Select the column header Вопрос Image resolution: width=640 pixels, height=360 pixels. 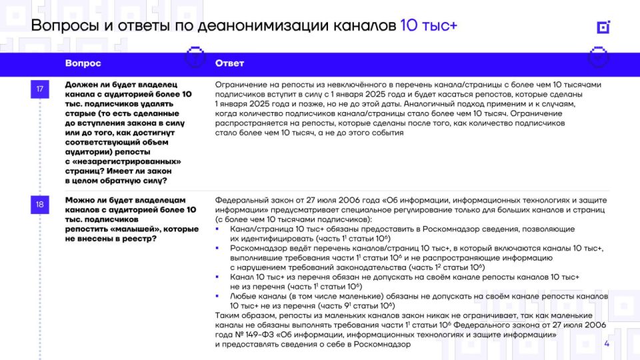[x=83, y=63]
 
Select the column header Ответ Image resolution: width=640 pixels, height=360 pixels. [x=229, y=63]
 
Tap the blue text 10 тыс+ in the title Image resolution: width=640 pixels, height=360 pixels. [x=429, y=26]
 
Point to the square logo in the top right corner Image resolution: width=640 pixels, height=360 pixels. [x=603, y=27]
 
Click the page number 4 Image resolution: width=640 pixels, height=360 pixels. [x=607, y=344]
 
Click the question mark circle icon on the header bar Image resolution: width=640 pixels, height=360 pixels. [x=194, y=57]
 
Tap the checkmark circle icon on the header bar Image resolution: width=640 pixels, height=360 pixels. [x=598, y=57]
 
